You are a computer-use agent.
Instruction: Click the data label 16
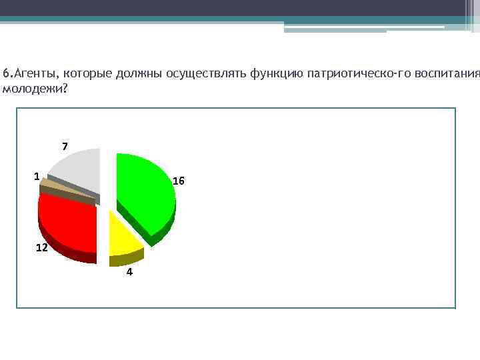click(179, 181)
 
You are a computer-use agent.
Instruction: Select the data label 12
click(41, 247)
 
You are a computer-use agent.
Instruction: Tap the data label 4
click(129, 273)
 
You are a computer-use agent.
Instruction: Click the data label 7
click(65, 146)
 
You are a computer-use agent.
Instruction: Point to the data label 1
click(37, 176)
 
